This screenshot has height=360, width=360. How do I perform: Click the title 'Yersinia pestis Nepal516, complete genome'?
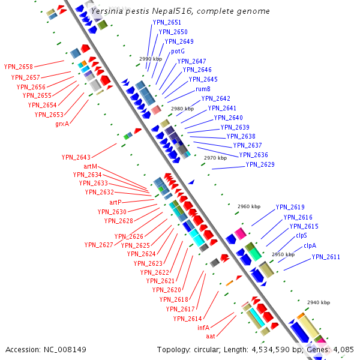(x=179, y=11)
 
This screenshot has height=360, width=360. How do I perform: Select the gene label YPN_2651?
(x=167, y=23)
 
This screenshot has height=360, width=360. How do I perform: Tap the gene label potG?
(x=178, y=52)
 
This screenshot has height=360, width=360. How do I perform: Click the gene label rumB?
(x=203, y=89)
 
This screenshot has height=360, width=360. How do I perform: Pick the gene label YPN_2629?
(x=260, y=165)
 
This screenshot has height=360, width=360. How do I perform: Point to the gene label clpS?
(x=301, y=236)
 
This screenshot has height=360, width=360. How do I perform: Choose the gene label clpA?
(x=310, y=245)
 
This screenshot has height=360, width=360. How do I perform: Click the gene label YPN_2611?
(x=326, y=257)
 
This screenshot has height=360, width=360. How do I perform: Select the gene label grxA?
(x=62, y=124)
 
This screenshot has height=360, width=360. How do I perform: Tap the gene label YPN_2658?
(x=18, y=67)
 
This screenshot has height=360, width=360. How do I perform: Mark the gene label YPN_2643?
(x=76, y=157)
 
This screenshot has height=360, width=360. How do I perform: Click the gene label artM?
(x=90, y=166)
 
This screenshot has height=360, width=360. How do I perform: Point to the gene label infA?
(x=203, y=328)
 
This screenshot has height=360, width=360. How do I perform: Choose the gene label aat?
(x=211, y=336)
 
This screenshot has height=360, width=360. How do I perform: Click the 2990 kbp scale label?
(x=151, y=59)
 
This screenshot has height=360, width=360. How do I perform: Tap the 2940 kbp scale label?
(x=319, y=303)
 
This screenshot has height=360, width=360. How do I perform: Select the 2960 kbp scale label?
(x=249, y=206)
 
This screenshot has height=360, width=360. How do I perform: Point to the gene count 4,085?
(x=341, y=349)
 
